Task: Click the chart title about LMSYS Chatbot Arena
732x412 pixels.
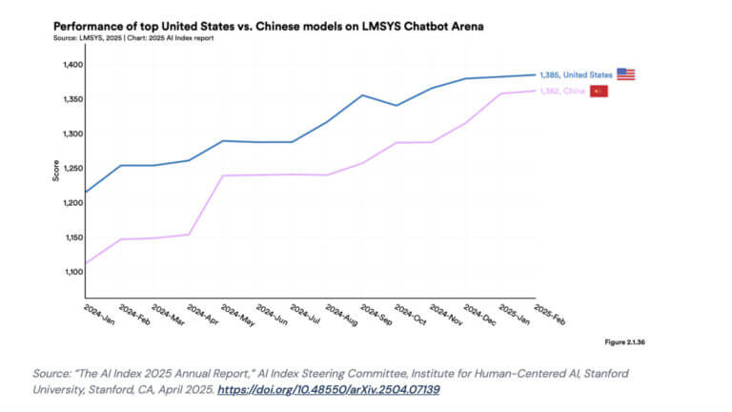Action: [x=268, y=26]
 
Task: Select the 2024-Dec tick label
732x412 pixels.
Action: [x=480, y=316]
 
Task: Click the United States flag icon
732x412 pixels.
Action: [x=625, y=74]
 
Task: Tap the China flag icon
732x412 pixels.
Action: [x=599, y=92]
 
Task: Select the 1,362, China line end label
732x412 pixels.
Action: [x=561, y=92]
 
